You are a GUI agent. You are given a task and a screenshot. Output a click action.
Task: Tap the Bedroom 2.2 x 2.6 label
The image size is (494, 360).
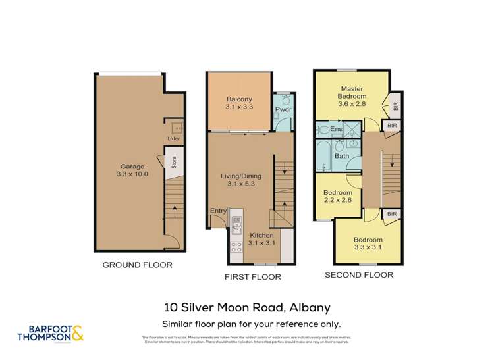click(x=337, y=197)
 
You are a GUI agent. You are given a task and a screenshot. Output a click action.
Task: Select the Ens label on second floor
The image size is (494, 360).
click(x=336, y=130)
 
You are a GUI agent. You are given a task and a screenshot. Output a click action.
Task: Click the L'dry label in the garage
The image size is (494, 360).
click(x=173, y=139)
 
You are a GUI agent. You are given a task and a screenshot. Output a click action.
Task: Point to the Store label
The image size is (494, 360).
click(x=173, y=162)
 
